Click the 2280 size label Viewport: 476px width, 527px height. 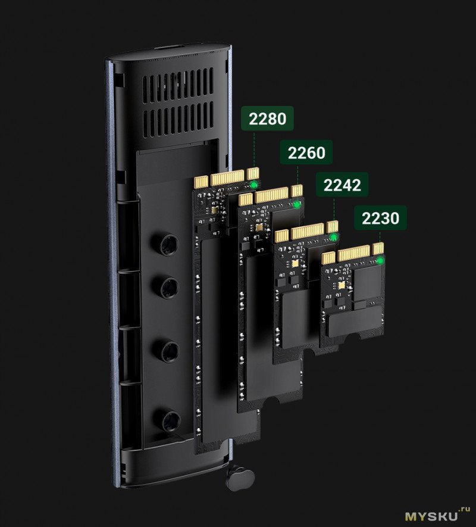point(267,119)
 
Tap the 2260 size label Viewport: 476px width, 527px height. point(306,152)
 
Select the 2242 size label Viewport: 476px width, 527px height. point(342,185)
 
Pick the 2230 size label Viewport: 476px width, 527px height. point(381,218)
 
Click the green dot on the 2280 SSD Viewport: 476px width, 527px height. point(254,185)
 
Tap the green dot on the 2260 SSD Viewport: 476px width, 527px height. point(297,204)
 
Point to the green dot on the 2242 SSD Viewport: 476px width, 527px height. point(334,238)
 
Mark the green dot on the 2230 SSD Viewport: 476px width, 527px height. point(380,260)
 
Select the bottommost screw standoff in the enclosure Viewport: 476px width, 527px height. point(170,421)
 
